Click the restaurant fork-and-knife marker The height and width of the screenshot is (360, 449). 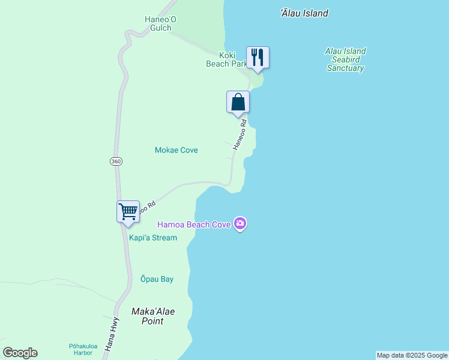coord(258,58)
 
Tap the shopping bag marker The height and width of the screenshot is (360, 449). coord(238,101)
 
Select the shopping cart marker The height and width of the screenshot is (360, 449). coord(128,212)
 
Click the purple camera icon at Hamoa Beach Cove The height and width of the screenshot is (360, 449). coord(241,224)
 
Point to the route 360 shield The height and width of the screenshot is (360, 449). coord(116,161)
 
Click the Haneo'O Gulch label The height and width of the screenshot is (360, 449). coord(158,23)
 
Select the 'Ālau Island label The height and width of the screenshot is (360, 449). coord(304,13)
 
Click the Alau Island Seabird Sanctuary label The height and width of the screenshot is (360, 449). coord(345,59)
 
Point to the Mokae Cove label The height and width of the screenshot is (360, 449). coord(176,150)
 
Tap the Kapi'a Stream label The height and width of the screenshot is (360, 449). coord(153,238)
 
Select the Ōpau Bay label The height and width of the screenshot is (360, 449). coord(157,279)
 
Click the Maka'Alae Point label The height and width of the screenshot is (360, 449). coord(147,316)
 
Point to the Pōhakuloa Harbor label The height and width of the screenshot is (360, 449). coord(80,349)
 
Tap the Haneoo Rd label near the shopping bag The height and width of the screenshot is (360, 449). coord(240,134)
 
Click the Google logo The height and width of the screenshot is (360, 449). coord(20,353)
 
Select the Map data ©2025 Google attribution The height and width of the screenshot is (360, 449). coord(412,355)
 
